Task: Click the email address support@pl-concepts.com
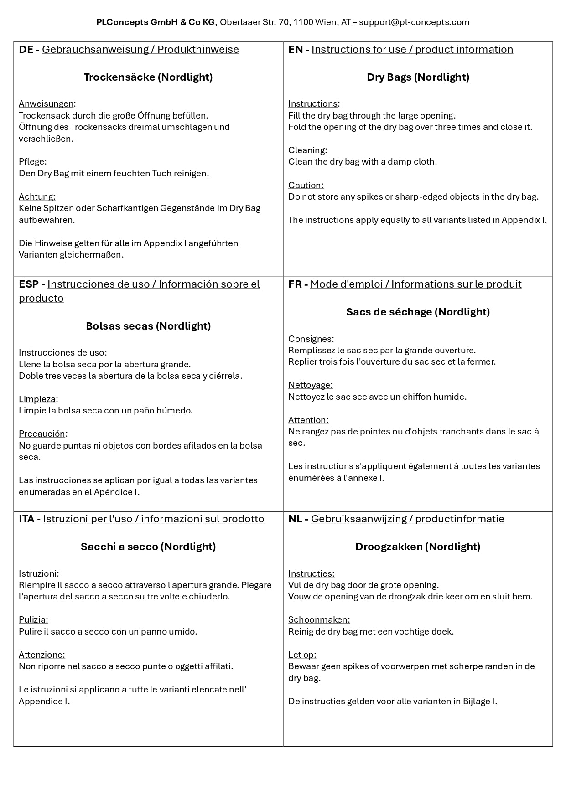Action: [414, 22]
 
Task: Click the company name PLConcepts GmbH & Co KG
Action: [155, 22]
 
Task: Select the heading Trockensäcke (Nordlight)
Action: [148, 77]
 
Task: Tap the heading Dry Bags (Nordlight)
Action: [418, 77]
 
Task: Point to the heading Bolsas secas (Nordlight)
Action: [148, 326]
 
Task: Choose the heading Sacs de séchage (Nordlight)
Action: [418, 312]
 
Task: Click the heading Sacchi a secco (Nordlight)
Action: [148, 547]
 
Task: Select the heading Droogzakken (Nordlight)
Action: [418, 547]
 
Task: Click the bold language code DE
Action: [26, 49]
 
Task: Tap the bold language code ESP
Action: [29, 284]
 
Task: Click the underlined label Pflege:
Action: [32, 161]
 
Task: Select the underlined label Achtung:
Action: [37, 196]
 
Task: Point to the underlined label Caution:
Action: [306, 185]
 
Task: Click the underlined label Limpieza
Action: [37, 399]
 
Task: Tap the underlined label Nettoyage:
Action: [310, 385]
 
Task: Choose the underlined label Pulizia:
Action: [33, 619]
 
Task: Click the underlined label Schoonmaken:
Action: [319, 619]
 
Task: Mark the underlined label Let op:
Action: [302, 655]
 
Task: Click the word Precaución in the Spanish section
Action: [42, 434]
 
